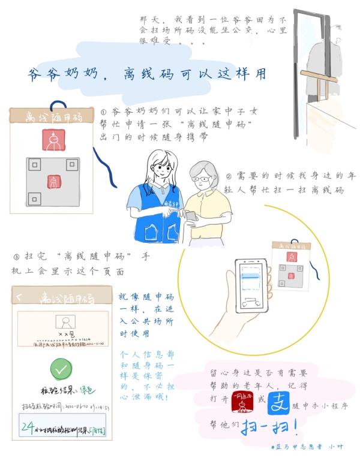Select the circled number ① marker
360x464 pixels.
click(104, 112)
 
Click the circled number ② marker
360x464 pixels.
click(228, 177)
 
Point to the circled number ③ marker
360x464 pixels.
click(16, 257)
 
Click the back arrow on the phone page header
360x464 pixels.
click(19, 297)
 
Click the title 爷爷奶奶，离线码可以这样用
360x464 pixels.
click(148, 74)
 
